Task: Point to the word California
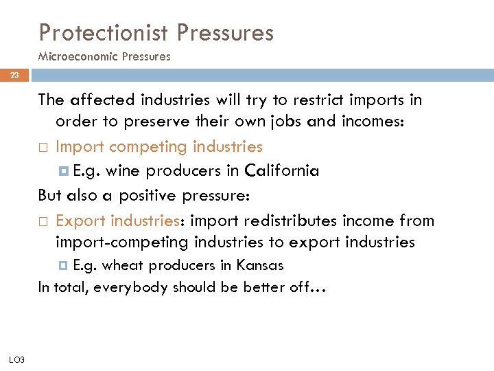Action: [x=282, y=171]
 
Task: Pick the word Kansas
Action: [x=259, y=265]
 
